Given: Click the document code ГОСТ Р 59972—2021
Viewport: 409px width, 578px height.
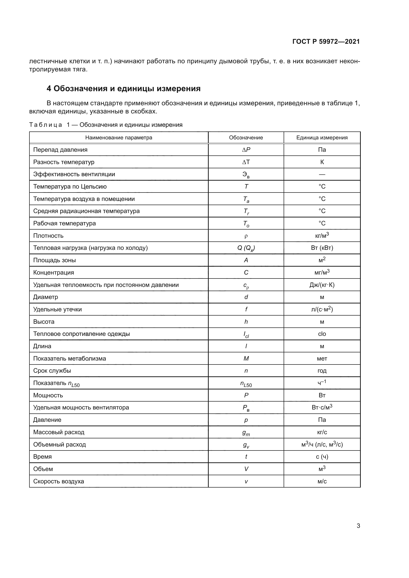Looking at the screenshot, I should pyautogui.click(x=326, y=42).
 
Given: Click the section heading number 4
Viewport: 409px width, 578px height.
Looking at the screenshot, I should pyautogui.click(x=49, y=89).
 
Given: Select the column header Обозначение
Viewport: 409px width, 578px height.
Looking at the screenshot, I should pyautogui.click(x=246, y=138).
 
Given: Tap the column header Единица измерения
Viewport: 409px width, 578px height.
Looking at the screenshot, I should pyautogui.click(x=322, y=138).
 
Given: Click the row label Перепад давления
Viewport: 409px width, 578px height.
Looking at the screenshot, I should pyautogui.click(x=60, y=150).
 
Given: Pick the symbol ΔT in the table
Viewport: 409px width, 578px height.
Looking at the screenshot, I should pyautogui.click(x=246, y=162).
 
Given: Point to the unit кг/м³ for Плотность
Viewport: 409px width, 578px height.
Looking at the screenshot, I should pyautogui.click(x=322, y=236).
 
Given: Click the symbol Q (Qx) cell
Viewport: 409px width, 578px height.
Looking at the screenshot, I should pyautogui.click(x=246, y=248).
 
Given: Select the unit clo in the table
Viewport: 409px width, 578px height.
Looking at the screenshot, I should pyautogui.click(x=322, y=334).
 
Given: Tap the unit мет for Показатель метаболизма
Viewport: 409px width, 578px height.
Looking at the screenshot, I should pyautogui.click(x=322, y=359).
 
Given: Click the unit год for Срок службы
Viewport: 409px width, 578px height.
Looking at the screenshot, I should pyautogui.click(x=322, y=371).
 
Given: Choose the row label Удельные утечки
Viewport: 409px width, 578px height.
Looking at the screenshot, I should pyautogui.click(x=57, y=309).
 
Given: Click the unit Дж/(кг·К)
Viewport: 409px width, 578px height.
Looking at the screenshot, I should pyautogui.click(x=322, y=285).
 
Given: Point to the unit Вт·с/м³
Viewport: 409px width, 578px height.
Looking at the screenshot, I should pyautogui.click(x=322, y=407).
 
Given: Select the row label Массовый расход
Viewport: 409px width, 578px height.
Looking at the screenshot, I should pyautogui.click(x=59, y=432).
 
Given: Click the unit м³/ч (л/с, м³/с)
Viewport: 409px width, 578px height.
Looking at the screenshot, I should pyautogui.click(x=322, y=445).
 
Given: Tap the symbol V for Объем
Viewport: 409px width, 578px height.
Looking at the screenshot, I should pyautogui.click(x=246, y=469).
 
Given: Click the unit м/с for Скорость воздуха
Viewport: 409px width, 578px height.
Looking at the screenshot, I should pyautogui.click(x=322, y=481).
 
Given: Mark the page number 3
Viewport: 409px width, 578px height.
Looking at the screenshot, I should pyautogui.click(x=358, y=526).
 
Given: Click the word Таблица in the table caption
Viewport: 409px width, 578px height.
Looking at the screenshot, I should pyautogui.click(x=45, y=125).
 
